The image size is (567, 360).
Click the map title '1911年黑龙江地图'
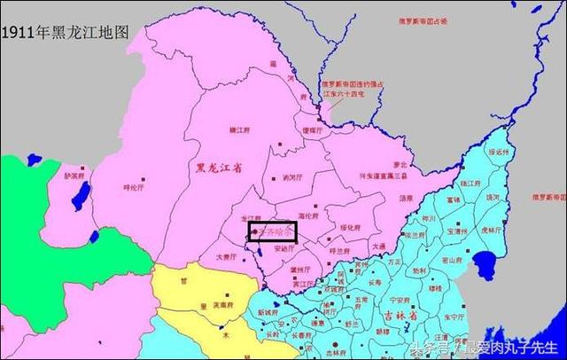click(66, 31)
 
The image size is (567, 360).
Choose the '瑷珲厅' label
click(313, 130)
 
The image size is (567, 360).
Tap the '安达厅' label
click(285, 249)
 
